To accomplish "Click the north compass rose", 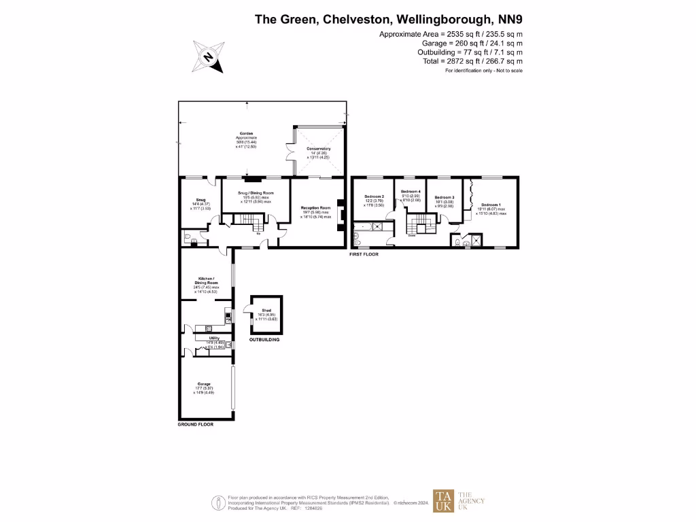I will [209, 57].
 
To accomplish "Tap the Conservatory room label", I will [319, 148].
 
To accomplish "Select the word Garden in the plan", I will [246, 133].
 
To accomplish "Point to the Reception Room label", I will [316, 208].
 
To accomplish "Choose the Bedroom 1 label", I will [491, 205].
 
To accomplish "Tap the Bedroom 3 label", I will [444, 197].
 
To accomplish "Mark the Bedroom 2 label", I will [375, 196].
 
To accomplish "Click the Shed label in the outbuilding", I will [266, 311].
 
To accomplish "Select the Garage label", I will [204, 383].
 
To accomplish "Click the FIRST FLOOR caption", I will [363, 254].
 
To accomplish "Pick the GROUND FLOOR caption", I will [195, 424].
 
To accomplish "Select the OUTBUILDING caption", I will [264, 339].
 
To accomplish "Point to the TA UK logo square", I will [443, 502].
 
